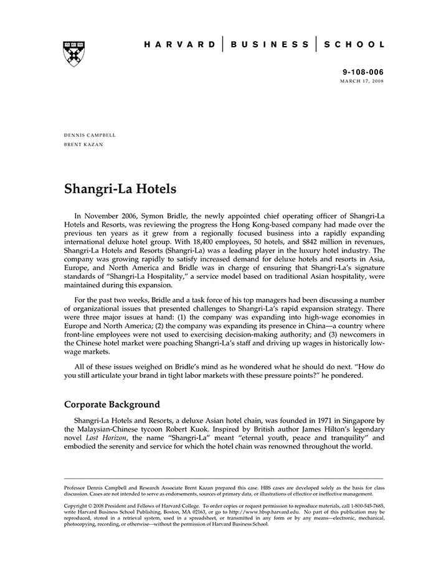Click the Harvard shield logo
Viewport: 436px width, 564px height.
(74, 54)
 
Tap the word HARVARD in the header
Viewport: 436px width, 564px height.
(180, 45)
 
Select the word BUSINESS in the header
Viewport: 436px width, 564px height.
(270, 45)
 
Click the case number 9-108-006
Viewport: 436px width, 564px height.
(364, 73)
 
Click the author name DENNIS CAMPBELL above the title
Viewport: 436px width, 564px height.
(90, 135)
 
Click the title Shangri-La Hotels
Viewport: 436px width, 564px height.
(120, 189)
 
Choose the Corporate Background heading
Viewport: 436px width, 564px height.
(112, 404)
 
